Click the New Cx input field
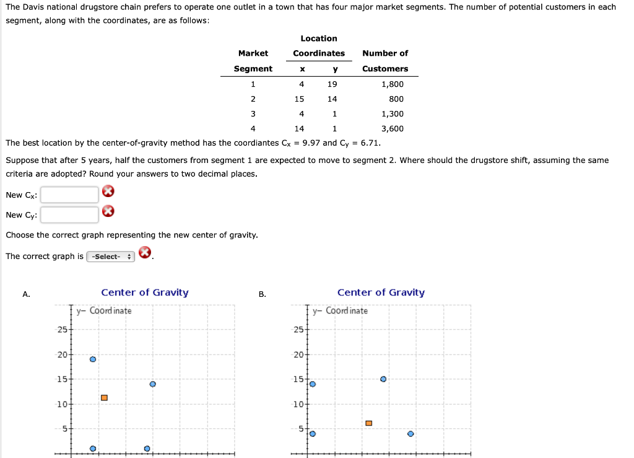(x=69, y=195)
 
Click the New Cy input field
(x=69, y=215)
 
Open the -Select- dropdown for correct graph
(x=111, y=257)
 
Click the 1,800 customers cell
(x=393, y=84)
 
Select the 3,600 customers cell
(x=393, y=129)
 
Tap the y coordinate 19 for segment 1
(x=332, y=84)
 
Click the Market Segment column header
(x=253, y=61)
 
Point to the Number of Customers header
(x=385, y=61)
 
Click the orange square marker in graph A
(x=104, y=397)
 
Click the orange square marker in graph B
(x=368, y=423)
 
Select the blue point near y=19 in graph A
(x=93, y=359)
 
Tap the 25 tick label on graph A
(x=63, y=329)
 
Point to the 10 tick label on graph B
(x=298, y=404)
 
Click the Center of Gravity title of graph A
(x=145, y=293)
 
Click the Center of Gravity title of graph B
(x=381, y=293)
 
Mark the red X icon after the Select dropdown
(x=144, y=252)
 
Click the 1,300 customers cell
(x=393, y=114)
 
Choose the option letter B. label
(x=263, y=294)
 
